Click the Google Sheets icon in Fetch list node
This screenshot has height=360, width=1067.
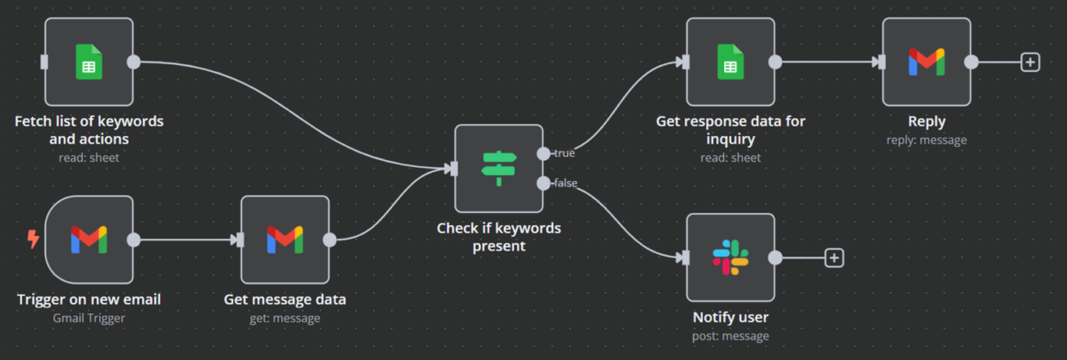point(89,62)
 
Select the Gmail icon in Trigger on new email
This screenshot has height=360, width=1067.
point(89,240)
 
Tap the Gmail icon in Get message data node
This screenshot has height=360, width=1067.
point(285,240)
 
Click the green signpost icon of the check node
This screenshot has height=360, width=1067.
point(499,168)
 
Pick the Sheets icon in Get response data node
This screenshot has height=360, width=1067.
point(730,62)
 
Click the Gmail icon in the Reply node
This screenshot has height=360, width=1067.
point(926,62)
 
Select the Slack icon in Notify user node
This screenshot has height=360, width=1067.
point(730,257)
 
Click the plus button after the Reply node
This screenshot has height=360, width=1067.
point(1030,62)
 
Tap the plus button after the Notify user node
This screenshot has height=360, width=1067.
point(834,257)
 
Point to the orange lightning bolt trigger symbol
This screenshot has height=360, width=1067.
point(33,239)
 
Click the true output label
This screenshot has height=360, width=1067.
point(564,154)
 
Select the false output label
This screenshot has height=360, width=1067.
point(566,184)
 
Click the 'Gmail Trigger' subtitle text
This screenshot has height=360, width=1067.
point(89,318)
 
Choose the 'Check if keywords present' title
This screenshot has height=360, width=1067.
point(498,237)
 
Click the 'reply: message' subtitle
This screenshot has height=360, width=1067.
point(926,140)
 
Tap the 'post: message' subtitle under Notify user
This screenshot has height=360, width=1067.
point(730,336)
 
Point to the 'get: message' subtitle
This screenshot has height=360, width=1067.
point(285,318)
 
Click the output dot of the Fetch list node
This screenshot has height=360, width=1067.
point(134,62)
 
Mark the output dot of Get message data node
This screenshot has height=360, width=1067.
point(330,240)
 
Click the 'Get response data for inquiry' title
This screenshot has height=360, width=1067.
point(730,130)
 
